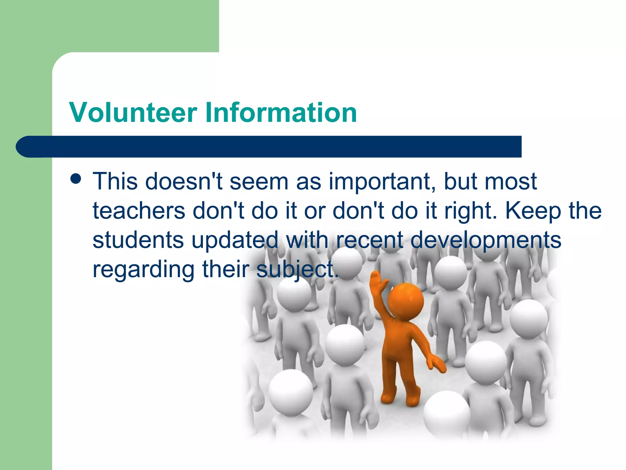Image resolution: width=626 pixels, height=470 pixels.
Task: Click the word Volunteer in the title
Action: tap(133, 113)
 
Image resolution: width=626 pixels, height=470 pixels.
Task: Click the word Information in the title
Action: tap(281, 113)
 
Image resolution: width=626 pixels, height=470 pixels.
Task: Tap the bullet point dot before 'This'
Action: tap(75, 179)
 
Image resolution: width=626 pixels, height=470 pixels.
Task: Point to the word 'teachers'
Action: tap(139, 211)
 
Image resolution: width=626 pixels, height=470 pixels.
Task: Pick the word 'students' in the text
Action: tap(138, 240)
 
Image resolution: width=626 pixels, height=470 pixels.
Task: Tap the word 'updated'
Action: tap(235, 241)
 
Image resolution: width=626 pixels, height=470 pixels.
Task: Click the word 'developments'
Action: tap(485, 241)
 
